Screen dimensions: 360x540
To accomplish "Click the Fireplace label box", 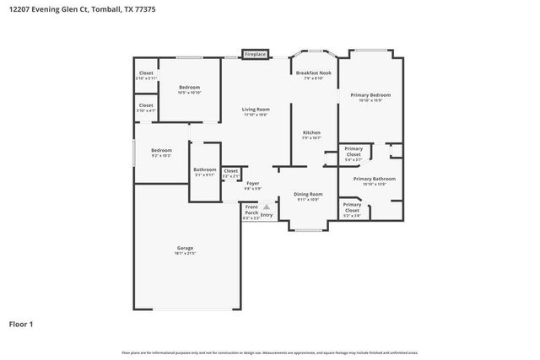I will click(x=255, y=55).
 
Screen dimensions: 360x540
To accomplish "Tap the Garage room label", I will click(x=185, y=248).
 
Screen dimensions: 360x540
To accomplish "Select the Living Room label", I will click(x=256, y=110).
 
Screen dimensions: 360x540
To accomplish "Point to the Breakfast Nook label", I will click(x=313, y=73).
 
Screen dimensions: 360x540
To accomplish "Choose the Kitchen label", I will click(x=312, y=133).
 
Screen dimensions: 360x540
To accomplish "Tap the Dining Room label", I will click(x=308, y=195).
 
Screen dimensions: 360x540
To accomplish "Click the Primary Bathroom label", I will click(x=374, y=180).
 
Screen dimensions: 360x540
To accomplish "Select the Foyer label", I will click(x=252, y=183).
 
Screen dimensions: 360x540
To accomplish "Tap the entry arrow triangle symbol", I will click(x=267, y=206).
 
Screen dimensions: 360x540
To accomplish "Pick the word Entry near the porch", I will click(x=267, y=215).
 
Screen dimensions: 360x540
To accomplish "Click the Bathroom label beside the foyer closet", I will click(x=205, y=169).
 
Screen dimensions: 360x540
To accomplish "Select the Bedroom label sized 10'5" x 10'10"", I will click(x=189, y=88).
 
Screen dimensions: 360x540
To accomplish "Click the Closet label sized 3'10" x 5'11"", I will click(x=146, y=73).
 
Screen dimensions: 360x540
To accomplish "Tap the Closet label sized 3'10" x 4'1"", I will click(x=146, y=106).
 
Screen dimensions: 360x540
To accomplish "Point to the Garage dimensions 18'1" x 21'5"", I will click(x=185, y=254).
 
